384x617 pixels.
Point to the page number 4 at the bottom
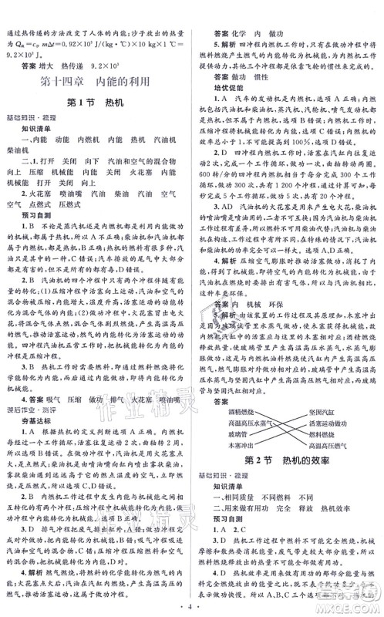pos(191,602)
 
